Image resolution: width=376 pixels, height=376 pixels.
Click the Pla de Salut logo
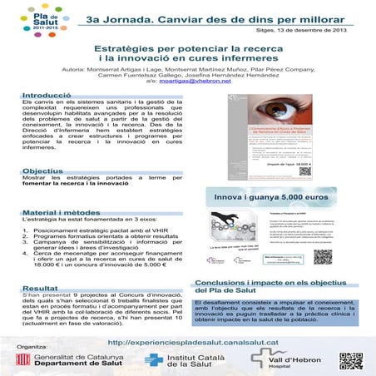point(25,16)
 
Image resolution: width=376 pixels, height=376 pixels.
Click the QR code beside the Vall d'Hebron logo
point(351,360)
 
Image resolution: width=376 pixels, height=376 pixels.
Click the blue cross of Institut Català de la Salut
point(151,360)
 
